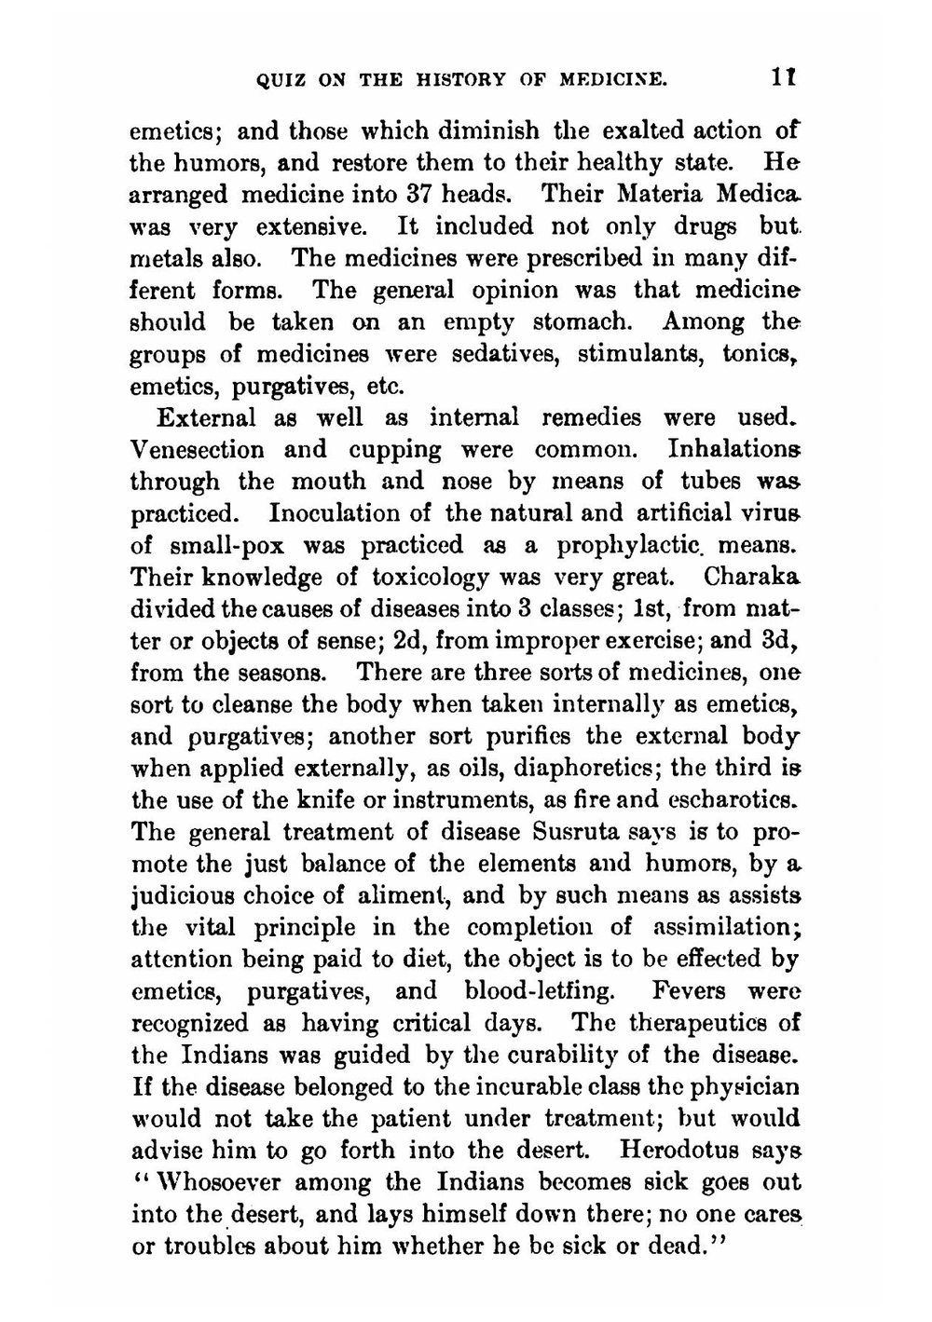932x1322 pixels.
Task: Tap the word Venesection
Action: [198, 450]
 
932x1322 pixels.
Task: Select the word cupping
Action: [395, 451]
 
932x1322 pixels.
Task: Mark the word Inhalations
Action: [733, 450]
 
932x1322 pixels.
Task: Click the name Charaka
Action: [752, 577]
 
